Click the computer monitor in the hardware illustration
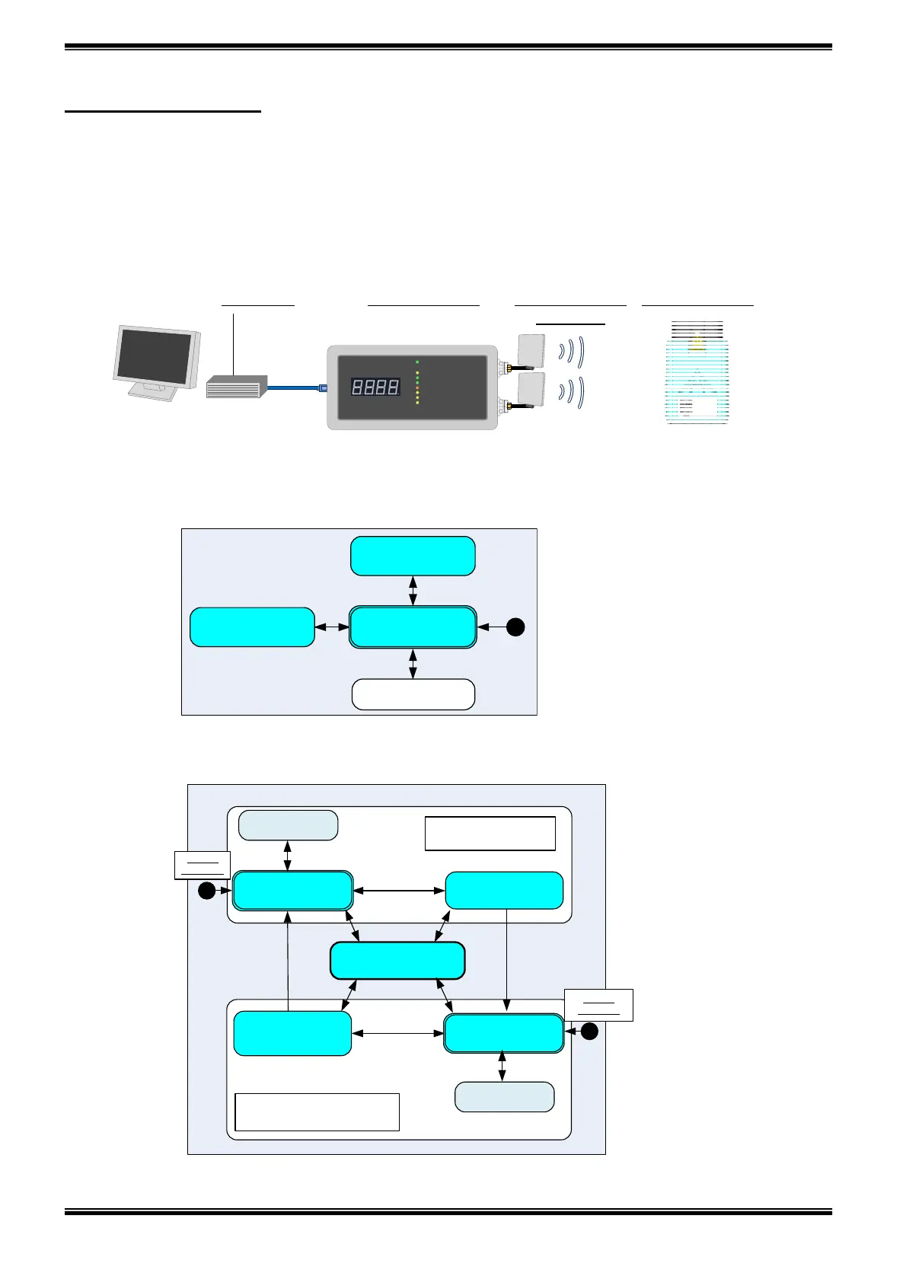coord(156,359)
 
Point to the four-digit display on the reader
coord(375,387)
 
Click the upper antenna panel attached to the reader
coord(531,349)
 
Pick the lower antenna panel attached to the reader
coord(531,388)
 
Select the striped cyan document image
coord(697,373)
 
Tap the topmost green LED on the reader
coord(417,362)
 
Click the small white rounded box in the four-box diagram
coord(413,694)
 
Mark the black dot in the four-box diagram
coord(515,627)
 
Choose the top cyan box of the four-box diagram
coord(413,556)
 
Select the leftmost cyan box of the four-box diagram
coord(252,627)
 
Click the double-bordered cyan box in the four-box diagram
coord(413,627)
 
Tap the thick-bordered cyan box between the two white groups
coord(397,961)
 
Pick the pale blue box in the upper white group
coord(288,825)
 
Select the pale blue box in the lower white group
coord(504,1097)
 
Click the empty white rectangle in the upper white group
coord(490,834)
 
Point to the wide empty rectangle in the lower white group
coord(317,1112)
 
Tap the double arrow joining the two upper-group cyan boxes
coord(399,891)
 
